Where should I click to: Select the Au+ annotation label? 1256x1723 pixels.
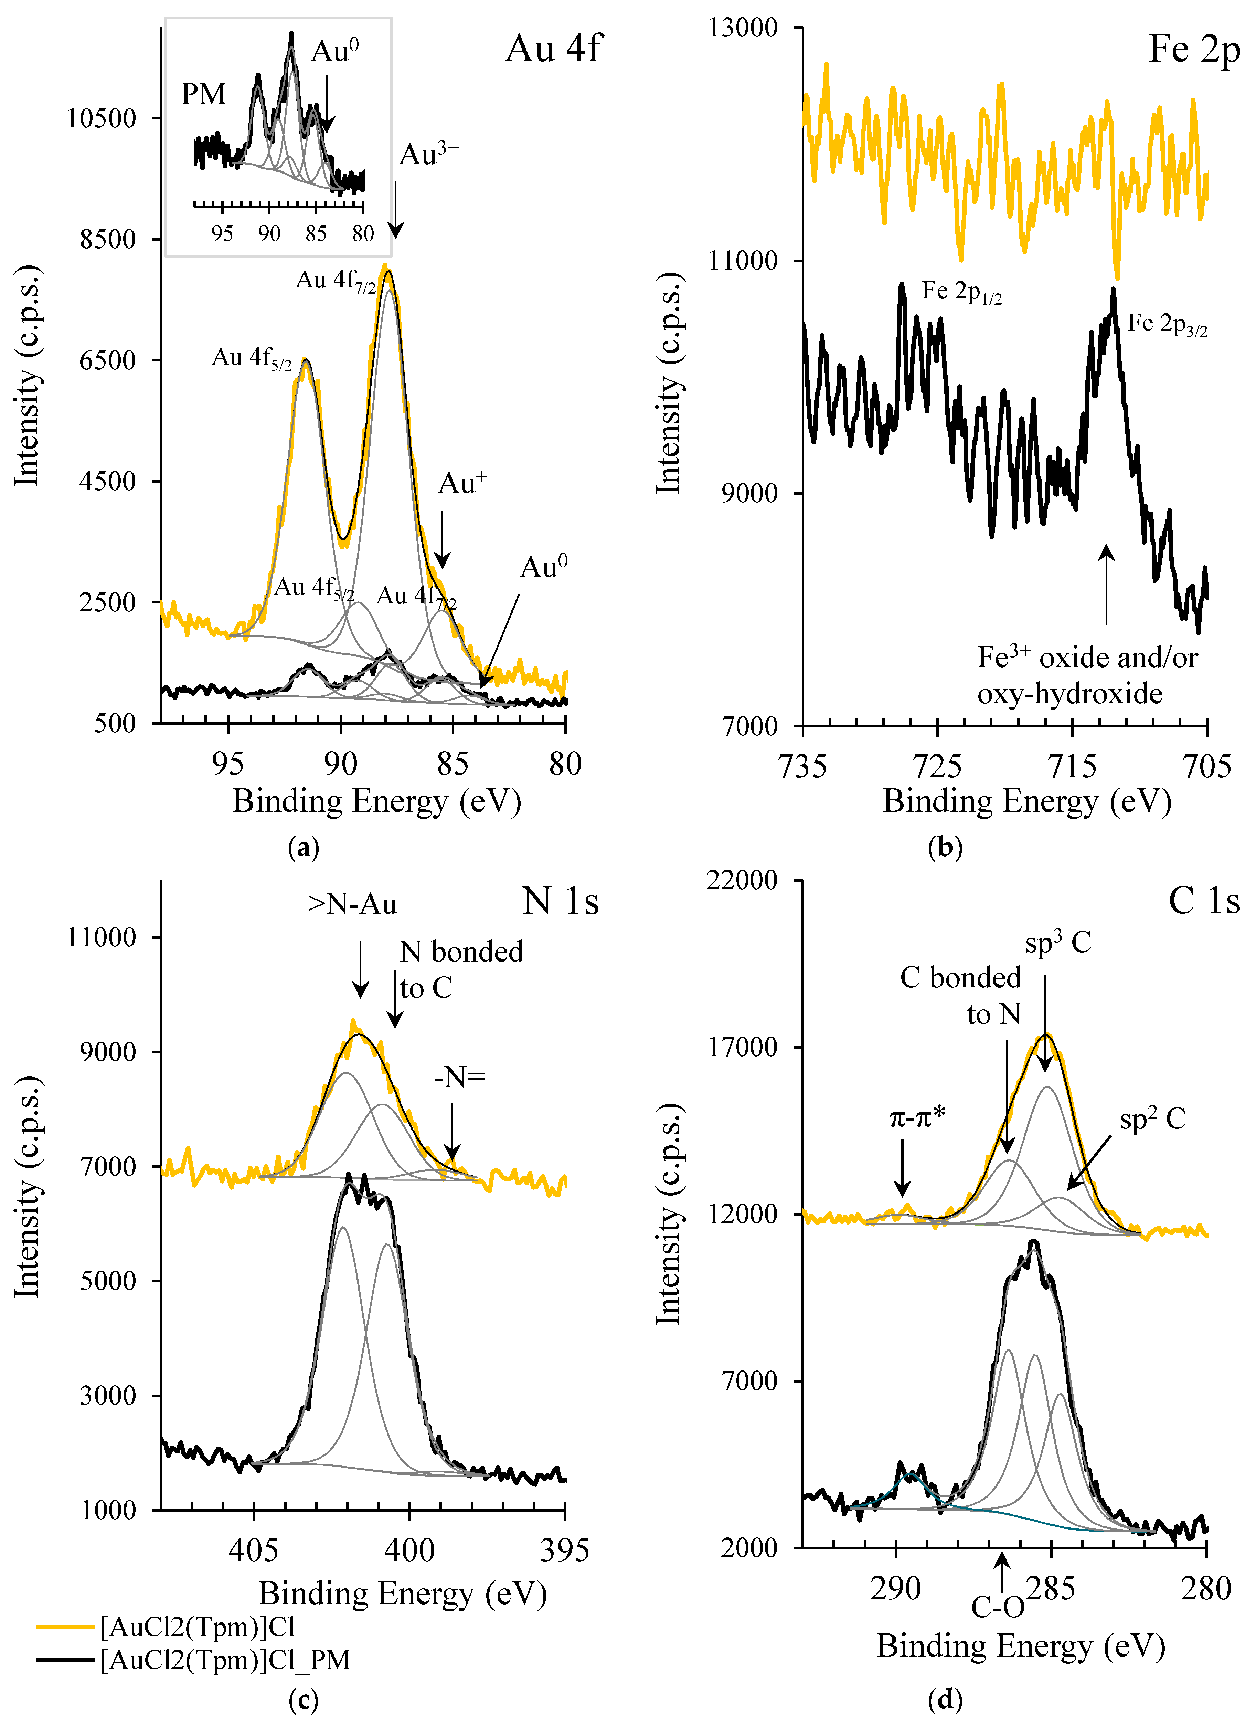pyautogui.click(x=462, y=484)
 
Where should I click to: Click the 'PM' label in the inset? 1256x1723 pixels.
pyautogui.click(x=204, y=94)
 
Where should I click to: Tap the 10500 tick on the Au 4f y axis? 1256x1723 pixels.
pyautogui.click(x=101, y=119)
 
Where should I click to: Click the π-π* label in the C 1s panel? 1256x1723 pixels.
pyautogui.click(x=918, y=1117)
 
